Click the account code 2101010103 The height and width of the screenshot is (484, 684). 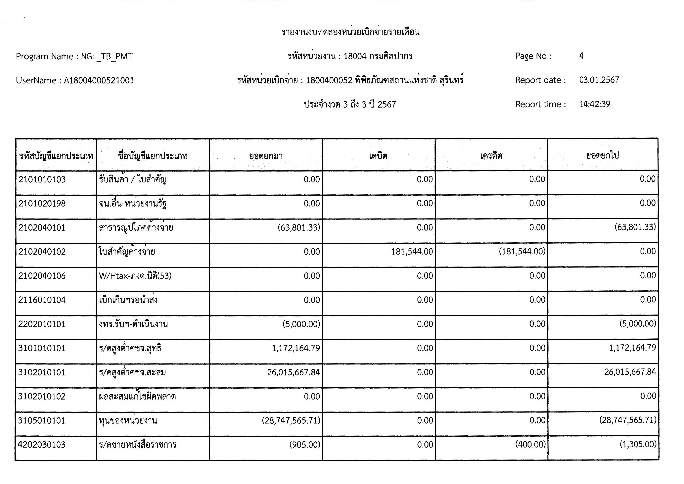click(42, 179)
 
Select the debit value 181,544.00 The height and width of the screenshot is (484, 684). click(412, 252)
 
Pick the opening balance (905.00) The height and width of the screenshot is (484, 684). click(304, 445)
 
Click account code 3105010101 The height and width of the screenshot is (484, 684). click(42, 420)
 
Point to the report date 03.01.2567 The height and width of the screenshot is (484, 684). click(599, 80)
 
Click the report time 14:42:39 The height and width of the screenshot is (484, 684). click(595, 104)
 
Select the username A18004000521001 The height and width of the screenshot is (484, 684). click(99, 80)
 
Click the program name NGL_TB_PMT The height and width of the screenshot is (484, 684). click(107, 56)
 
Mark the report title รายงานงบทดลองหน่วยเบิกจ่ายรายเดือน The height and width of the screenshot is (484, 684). click(350, 32)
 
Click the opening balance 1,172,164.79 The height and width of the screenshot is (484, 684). click(296, 348)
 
